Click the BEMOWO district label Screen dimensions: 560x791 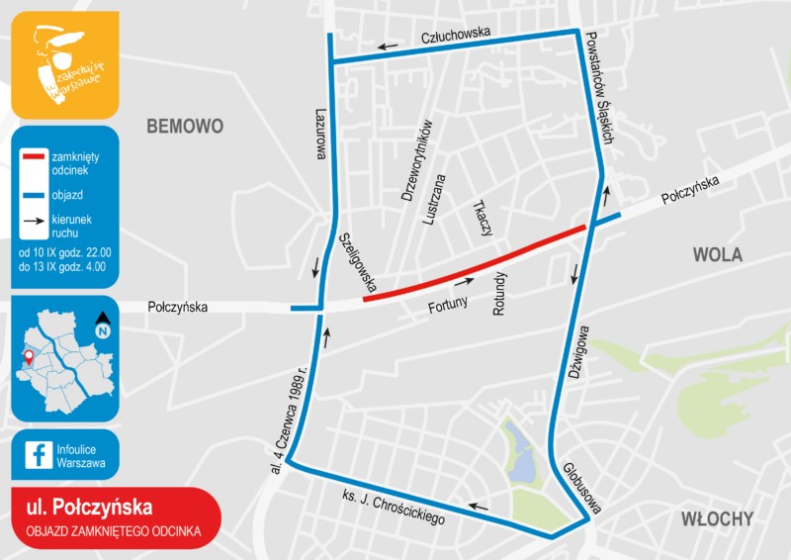pos(185,126)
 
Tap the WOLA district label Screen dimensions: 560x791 pos(717,254)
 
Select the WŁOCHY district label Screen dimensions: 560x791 pos(717,518)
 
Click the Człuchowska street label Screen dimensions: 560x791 pos(456,35)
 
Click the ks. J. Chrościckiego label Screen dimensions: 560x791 pos(393,506)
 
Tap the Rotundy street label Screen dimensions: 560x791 pos(499,294)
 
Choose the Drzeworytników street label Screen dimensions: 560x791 pos(416,161)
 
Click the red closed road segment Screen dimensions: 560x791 pos(475,262)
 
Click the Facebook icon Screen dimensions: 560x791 pos(40,454)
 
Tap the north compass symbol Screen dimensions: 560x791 pos(103,324)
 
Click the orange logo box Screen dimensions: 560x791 pos(64,64)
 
